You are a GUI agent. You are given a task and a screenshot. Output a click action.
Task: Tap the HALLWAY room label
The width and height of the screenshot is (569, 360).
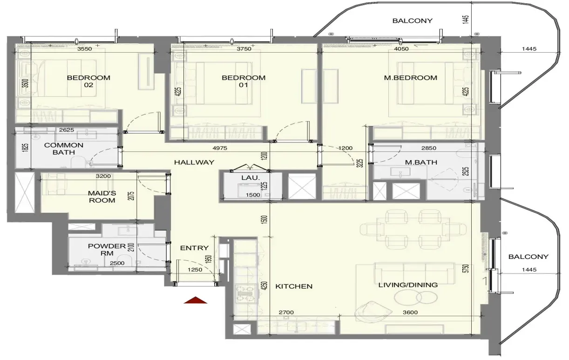(194, 163)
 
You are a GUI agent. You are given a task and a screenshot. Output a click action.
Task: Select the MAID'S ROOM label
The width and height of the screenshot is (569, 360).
(102, 197)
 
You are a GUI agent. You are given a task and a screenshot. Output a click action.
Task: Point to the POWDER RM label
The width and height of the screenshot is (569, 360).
(107, 250)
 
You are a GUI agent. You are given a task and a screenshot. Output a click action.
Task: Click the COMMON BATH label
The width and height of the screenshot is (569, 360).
(63, 149)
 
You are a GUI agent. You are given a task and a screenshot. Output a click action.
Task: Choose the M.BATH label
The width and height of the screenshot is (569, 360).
(421, 162)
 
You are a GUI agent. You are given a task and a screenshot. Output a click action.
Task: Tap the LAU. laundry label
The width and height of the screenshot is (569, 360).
(251, 178)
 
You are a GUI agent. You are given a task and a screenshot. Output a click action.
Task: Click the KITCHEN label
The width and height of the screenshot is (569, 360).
(294, 286)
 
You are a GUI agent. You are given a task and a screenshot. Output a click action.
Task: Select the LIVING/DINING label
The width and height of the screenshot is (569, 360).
(408, 285)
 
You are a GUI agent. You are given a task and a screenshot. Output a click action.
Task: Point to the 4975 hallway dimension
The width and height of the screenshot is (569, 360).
(220, 148)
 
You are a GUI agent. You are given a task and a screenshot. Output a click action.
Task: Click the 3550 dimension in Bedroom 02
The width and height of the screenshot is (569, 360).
(85, 49)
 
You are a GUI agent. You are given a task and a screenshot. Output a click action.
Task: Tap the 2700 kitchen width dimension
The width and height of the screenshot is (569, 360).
(286, 312)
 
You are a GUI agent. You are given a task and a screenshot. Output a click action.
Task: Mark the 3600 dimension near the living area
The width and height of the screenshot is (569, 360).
(410, 312)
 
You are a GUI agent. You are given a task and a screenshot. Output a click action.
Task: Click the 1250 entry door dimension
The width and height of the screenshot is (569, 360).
(195, 270)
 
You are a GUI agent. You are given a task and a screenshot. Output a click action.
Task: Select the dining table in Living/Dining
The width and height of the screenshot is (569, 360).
(413, 229)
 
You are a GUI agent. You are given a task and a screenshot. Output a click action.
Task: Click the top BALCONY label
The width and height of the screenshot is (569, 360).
(412, 20)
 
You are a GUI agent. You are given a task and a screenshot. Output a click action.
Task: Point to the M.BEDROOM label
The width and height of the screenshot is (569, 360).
(411, 78)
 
